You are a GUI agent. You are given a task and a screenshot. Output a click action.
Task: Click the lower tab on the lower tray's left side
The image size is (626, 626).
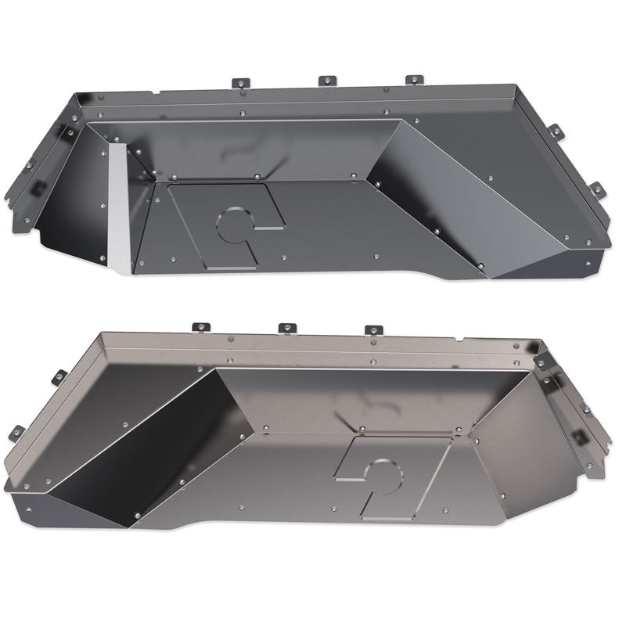[17, 431]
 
